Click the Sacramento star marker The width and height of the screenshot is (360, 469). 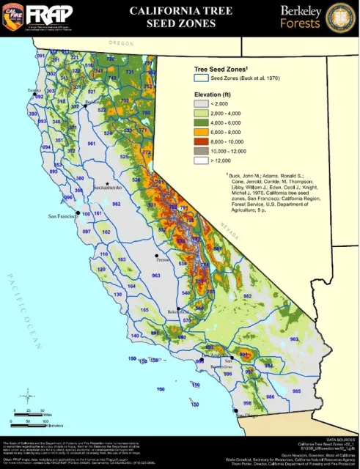click(x=107, y=183)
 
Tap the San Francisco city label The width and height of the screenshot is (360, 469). click(x=62, y=217)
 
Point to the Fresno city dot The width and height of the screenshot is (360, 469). click(x=156, y=256)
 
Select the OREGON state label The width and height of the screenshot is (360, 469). click(x=121, y=44)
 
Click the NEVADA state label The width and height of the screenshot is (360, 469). click(x=233, y=218)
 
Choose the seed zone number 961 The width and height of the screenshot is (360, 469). click(x=92, y=144)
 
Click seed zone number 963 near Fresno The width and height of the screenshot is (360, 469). click(x=155, y=275)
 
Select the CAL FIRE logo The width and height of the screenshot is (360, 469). click(x=15, y=16)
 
